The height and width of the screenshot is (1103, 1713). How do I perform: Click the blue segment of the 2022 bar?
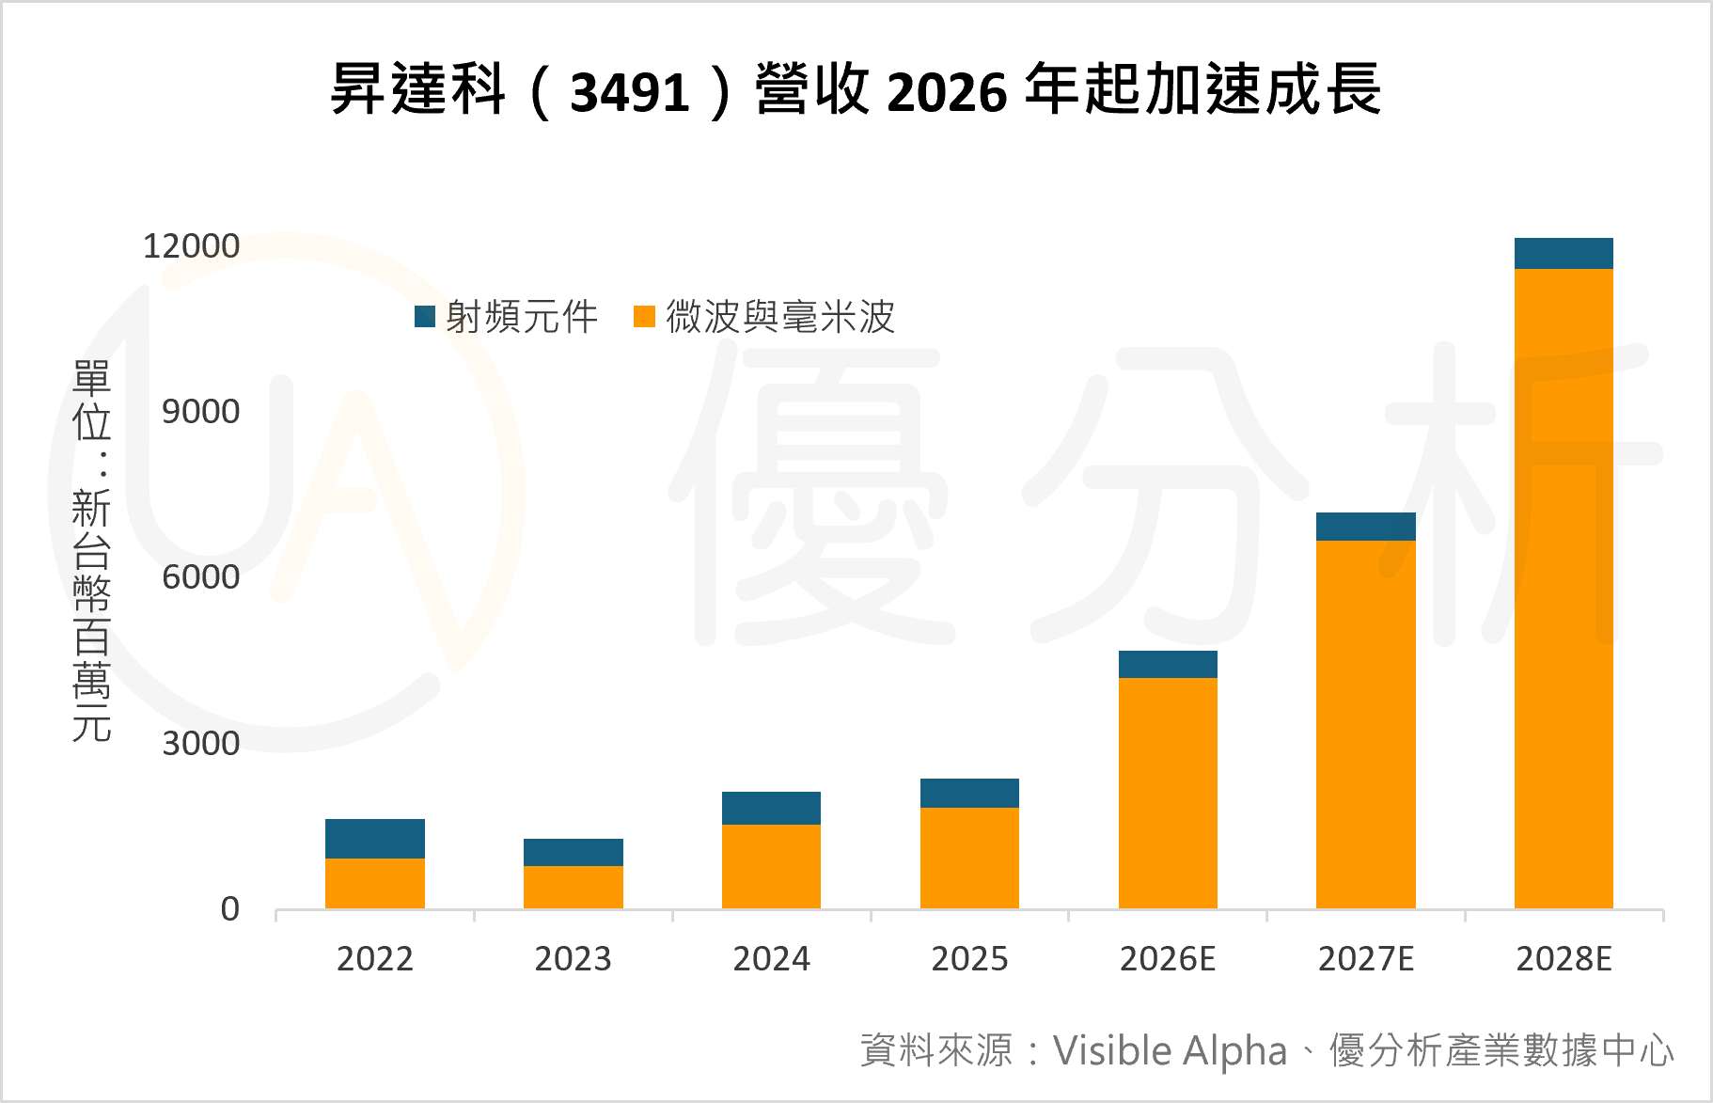point(374,838)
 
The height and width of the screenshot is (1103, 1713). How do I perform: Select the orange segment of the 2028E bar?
point(1563,588)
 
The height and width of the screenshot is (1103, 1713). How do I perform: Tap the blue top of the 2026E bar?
point(1167,664)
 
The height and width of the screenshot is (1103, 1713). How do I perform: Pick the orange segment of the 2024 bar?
point(771,866)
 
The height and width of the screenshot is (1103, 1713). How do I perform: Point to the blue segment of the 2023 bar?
point(573,852)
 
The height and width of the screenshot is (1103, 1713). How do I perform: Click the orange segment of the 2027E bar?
point(1365,724)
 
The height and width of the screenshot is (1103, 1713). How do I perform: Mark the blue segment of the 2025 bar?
point(968,793)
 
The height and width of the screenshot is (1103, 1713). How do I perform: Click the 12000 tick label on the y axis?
point(191,246)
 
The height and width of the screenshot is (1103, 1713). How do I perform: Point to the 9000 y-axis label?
point(200,412)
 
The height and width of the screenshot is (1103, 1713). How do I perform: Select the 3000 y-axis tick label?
point(200,744)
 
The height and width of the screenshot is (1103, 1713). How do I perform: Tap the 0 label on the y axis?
point(229,909)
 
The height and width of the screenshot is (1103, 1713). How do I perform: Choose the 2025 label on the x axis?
point(968,959)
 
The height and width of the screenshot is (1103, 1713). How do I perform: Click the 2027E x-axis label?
point(1365,959)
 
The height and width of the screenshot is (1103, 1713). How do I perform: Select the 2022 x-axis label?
point(374,959)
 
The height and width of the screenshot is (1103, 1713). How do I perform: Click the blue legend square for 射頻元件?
point(425,316)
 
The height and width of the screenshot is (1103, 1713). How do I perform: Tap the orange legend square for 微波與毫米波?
point(644,316)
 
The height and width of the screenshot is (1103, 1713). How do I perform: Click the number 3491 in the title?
point(629,92)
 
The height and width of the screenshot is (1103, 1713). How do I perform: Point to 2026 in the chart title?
point(946,92)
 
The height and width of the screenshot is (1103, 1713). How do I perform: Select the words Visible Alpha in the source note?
point(1169,1051)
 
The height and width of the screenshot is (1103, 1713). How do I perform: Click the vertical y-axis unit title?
point(92,550)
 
